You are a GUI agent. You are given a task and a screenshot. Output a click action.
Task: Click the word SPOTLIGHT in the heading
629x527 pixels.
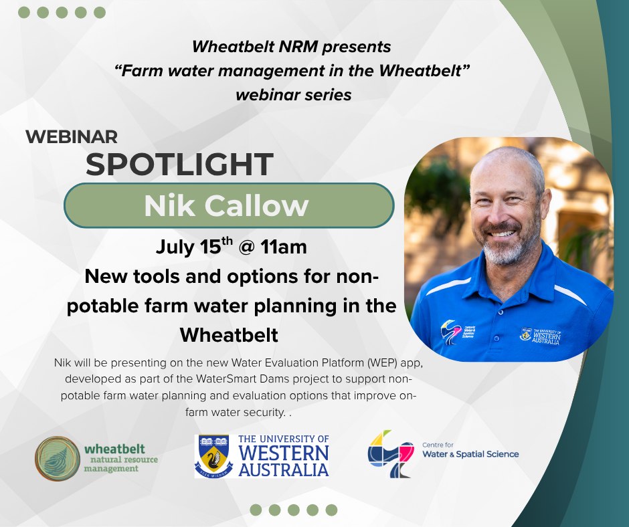click(180, 165)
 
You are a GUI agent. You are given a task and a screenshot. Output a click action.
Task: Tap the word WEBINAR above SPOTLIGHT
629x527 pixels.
click(72, 136)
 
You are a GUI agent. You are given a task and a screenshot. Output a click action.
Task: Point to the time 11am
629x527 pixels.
click(283, 247)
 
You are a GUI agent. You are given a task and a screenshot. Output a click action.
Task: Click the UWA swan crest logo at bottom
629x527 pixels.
click(214, 456)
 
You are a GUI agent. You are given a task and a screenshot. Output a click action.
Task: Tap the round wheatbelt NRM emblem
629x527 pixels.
click(58, 458)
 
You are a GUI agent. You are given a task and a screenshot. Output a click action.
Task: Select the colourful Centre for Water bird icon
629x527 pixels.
click(390, 453)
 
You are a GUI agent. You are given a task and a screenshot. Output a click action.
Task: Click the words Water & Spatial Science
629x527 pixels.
click(470, 454)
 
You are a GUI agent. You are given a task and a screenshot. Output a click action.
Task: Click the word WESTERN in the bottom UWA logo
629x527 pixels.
click(284, 453)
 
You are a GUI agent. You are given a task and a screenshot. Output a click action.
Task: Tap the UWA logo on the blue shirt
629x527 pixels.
click(540, 336)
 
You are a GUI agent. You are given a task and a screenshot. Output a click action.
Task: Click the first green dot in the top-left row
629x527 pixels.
click(24, 13)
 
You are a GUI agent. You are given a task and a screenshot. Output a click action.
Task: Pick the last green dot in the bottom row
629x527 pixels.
click(331, 510)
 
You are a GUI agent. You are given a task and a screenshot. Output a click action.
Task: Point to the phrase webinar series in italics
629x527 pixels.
click(294, 95)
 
